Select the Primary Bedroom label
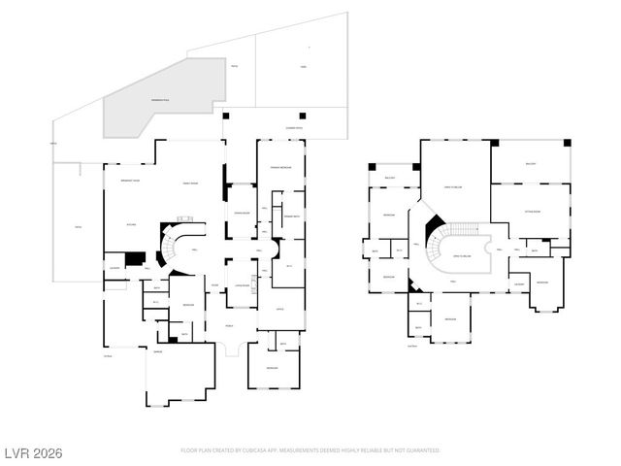(x=281, y=169)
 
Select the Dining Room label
(x=243, y=213)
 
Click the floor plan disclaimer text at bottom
(x=310, y=450)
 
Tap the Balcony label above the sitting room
(x=530, y=163)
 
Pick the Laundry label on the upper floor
(x=519, y=283)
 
